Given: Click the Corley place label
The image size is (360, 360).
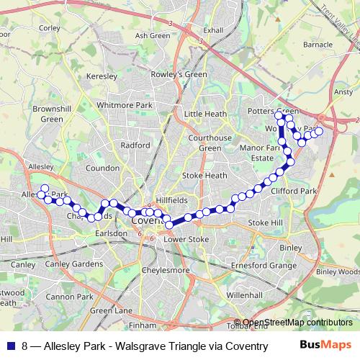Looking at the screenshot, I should (50, 28).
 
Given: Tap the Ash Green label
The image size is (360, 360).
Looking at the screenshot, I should (152, 35).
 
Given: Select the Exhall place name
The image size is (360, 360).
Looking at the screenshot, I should (213, 31).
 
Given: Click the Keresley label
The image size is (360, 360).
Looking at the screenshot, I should (101, 76).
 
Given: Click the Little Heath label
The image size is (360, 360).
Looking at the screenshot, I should (205, 114).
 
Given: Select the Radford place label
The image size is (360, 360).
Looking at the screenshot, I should (135, 145).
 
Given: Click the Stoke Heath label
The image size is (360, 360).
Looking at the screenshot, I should (204, 175).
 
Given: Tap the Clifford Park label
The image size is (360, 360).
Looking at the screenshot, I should (294, 192).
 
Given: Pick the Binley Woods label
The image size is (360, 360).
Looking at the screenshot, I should (337, 271).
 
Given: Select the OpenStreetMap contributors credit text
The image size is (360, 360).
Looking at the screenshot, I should (297, 323).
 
